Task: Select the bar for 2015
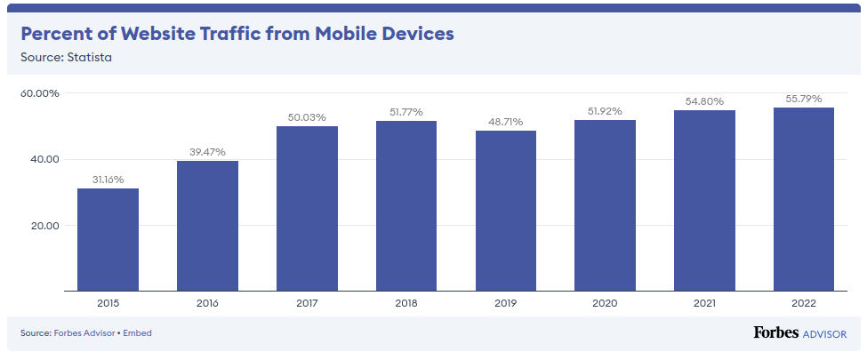pyautogui.click(x=108, y=239)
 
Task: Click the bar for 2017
pyautogui.click(x=307, y=208)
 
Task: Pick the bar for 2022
pyautogui.click(x=804, y=198)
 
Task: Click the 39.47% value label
pyautogui.click(x=206, y=152)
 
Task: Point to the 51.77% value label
pyautogui.click(x=405, y=112)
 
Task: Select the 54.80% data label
pyautogui.click(x=704, y=101)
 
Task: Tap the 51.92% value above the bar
pyautogui.click(x=605, y=111)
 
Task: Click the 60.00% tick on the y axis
pyautogui.click(x=40, y=93)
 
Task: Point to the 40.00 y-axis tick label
pyautogui.click(x=44, y=159)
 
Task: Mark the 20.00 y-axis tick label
pyautogui.click(x=44, y=225)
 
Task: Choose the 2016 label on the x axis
pyautogui.click(x=207, y=302)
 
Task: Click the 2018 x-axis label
pyautogui.click(x=406, y=302)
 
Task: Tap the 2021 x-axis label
pyautogui.click(x=704, y=302)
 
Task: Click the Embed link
pyautogui.click(x=138, y=333)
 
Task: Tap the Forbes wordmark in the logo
pyautogui.click(x=775, y=332)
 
